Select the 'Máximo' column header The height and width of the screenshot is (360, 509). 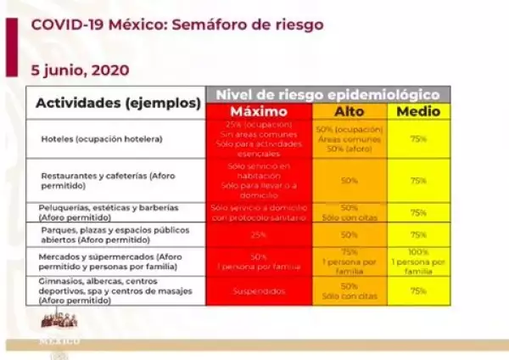(x=260, y=112)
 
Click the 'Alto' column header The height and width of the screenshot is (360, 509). (x=348, y=112)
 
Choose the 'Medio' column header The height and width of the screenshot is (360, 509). (x=417, y=112)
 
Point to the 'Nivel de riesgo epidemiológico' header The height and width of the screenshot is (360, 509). (x=328, y=93)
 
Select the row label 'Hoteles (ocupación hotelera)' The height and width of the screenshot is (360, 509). (x=101, y=138)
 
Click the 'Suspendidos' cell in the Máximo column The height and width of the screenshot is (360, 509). (x=260, y=290)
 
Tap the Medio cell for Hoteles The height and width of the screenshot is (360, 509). (x=417, y=138)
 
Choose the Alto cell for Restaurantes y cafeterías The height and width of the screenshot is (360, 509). (x=348, y=180)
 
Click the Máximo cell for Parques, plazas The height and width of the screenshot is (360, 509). (x=260, y=234)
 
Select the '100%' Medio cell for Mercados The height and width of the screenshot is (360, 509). (x=417, y=261)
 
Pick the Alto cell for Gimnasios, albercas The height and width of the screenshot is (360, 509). (x=348, y=290)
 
